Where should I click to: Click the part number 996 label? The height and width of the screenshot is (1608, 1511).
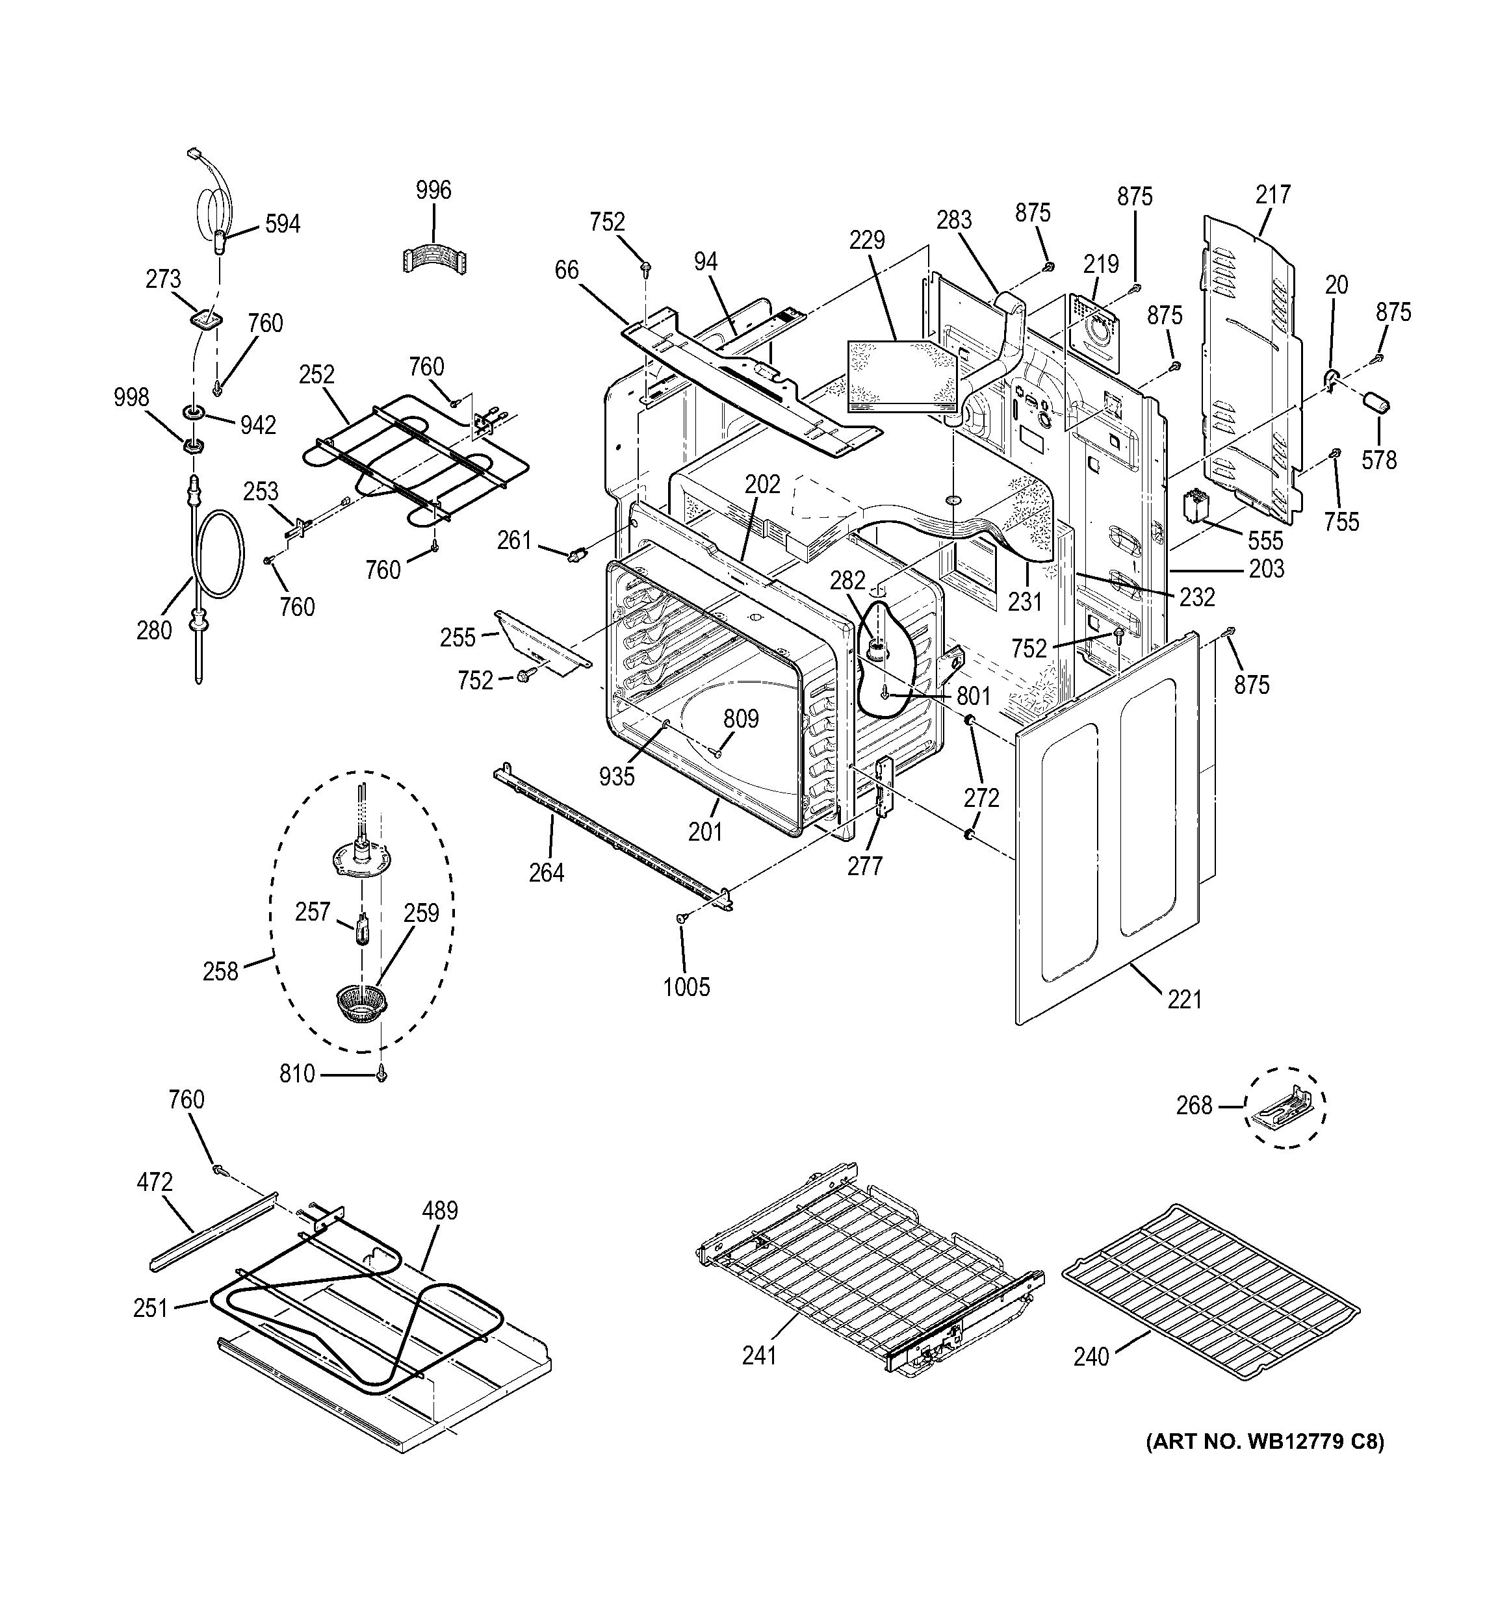tap(433, 191)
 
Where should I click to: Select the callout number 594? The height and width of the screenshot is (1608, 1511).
tap(282, 224)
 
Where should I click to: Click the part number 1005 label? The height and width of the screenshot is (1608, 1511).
tap(686, 987)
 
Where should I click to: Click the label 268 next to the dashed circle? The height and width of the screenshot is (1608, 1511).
tap(1194, 1105)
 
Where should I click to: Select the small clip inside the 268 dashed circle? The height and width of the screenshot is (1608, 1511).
tap(1284, 1106)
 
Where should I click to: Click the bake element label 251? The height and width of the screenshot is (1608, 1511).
tap(151, 1308)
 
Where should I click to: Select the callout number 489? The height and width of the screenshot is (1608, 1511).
tap(440, 1211)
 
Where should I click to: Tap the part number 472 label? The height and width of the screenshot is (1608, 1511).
tap(153, 1182)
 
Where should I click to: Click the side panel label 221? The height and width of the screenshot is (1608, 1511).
tap(1184, 1001)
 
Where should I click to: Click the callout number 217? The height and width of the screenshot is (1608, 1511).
tap(1273, 195)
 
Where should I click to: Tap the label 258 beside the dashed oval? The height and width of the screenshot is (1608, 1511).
tap(220, 971)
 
